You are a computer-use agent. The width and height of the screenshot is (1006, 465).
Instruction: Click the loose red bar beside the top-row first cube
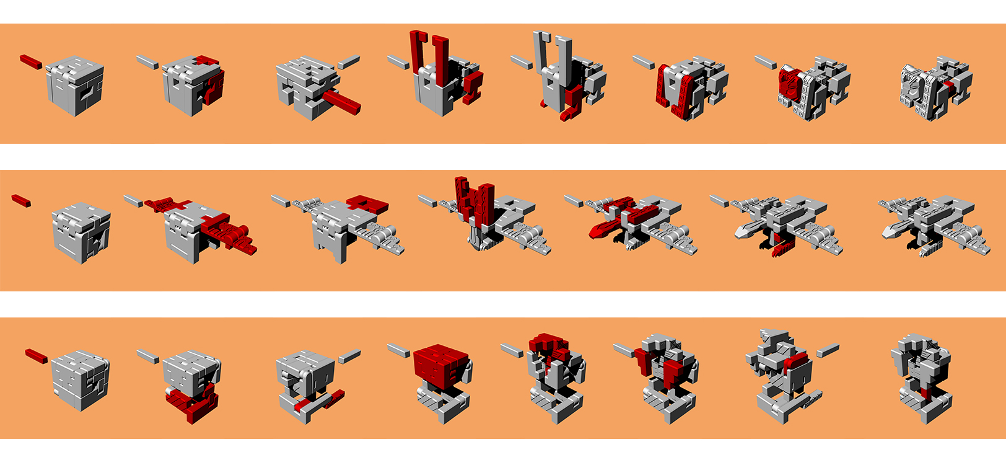pos(30,61)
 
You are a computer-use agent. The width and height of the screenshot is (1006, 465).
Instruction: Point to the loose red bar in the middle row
pos(21,200)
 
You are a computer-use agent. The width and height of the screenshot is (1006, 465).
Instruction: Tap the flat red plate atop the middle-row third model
pos(368,203)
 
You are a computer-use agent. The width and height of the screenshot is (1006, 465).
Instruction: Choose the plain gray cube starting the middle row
pos(81,232)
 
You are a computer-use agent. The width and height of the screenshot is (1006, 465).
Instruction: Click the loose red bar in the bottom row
pos(36,356)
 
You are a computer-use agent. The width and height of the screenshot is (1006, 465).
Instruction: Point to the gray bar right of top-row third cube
pos(349,62)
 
